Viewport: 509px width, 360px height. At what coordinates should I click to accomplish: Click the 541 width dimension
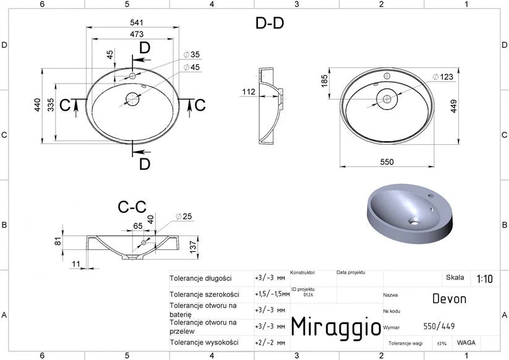[136, 22]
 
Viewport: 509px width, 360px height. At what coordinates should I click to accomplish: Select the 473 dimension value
[137, 34]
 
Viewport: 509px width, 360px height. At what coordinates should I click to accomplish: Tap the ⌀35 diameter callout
[192, 54]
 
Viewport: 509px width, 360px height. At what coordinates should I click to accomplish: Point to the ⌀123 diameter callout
[443, 77]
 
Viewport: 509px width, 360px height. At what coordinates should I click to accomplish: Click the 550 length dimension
[387, 161]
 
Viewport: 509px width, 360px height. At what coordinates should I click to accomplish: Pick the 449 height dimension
[453, 106]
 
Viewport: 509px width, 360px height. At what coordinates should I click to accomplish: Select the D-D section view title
[270, 24]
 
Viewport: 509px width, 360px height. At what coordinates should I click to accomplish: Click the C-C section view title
[132, 207]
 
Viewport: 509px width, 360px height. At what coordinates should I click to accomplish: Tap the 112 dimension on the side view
[249, 92]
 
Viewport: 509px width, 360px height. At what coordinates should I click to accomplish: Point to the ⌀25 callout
[184, 216]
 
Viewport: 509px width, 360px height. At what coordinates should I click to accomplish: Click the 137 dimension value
[193, 247]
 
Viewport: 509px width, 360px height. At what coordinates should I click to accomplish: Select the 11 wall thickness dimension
[75, 264]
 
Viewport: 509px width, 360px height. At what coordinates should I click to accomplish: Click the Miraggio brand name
[336, 327]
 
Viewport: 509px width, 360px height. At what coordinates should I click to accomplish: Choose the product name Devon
[449, 299]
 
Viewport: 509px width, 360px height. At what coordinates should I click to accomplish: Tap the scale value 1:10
[484, 278]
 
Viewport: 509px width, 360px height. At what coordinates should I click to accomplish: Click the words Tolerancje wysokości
[204, 343]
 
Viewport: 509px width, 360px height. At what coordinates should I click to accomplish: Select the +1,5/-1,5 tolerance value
[272, 294]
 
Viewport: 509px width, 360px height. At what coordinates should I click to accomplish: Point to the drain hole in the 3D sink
[414, 222]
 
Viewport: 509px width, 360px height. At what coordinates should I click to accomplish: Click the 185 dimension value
[324, 81]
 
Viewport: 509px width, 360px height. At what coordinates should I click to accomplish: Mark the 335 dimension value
[51, 105]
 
